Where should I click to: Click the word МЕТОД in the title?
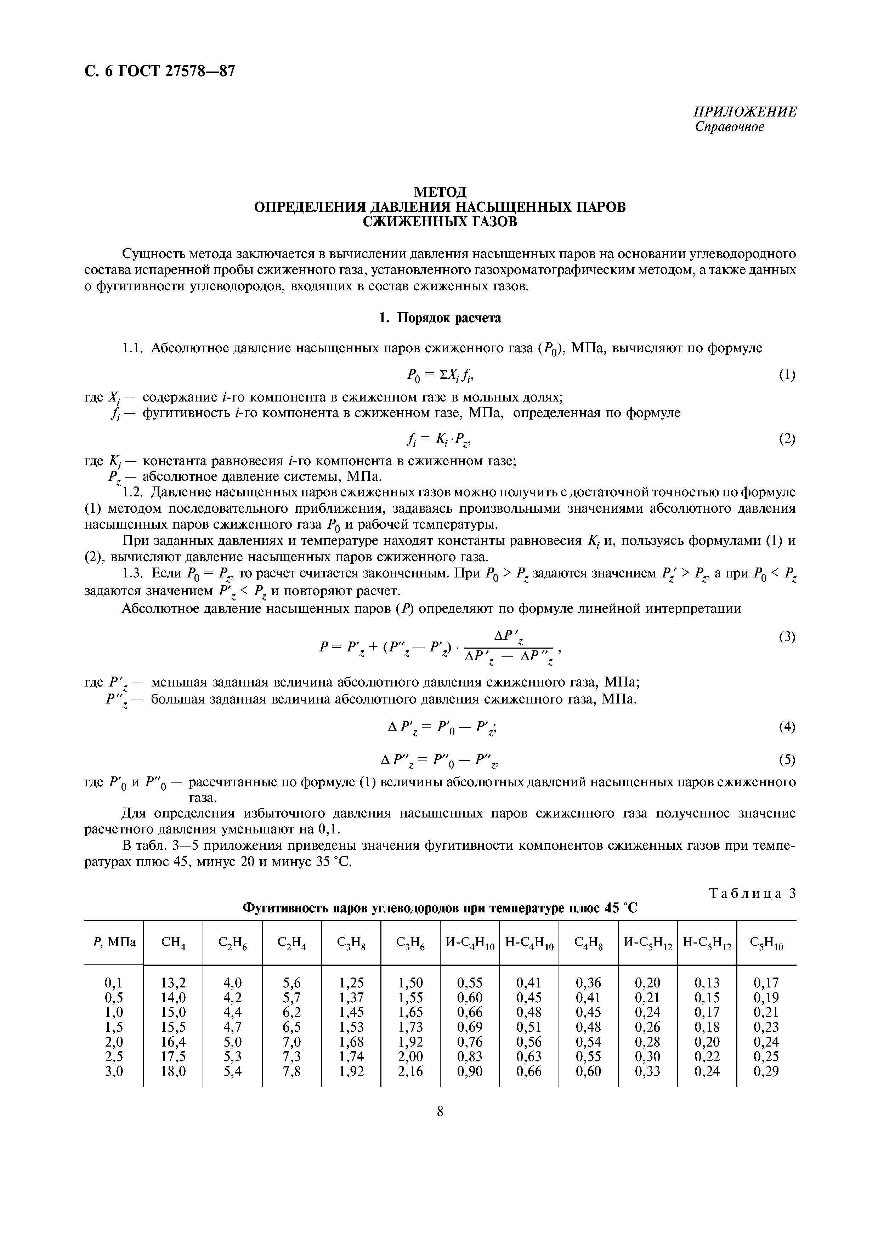pos(439,192)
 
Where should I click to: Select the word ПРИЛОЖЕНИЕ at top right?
pos(744,112)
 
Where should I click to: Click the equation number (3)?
pos(787,638)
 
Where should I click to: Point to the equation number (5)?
pos(787,760)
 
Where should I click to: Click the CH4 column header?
pos(173,942)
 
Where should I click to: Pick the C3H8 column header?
pos(351,942)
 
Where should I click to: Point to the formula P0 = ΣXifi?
pos(439,374)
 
